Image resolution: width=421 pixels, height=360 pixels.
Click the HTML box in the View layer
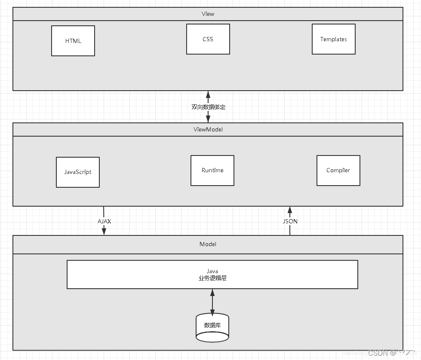(x=73, y=41)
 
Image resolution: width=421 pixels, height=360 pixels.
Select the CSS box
(x=208, y=39)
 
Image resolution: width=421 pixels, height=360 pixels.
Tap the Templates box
(x=334, y=39)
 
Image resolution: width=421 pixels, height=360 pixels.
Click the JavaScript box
(x=78, y=172)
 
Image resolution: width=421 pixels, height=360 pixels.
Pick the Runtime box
(x=212, y=171)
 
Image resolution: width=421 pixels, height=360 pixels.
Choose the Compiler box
(x=338, y=171)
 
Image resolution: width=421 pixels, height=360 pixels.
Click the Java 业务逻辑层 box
(x=212, y=275)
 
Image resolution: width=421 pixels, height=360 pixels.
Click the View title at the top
(x=208, y=14)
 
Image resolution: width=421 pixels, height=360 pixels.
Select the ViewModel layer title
(x=208, y=129)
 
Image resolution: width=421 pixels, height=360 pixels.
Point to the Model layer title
(x=208, y=244)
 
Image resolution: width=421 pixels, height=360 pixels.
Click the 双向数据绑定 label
(x=208, y=107)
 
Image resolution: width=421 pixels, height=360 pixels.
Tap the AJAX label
(x=104, y=221)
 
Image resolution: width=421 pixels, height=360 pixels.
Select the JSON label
(x=290, y=221)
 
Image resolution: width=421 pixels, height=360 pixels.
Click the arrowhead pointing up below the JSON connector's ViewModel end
(x=290, y=210)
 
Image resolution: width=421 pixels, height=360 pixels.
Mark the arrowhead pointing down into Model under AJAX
(x=104, y=232)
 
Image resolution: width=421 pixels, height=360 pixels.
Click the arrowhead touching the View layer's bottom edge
(x=208, y=95)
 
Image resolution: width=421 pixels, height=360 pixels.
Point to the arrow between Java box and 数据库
(x=212, y=301)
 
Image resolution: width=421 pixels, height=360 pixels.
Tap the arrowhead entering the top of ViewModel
(x=208, y=119)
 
